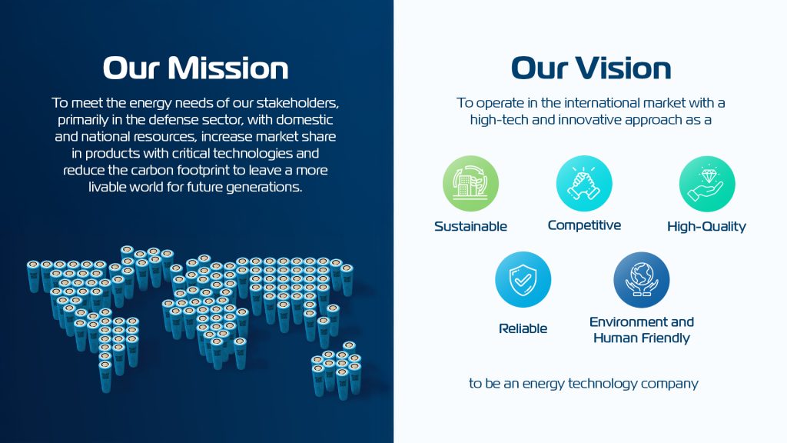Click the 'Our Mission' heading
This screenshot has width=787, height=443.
click(196, 68)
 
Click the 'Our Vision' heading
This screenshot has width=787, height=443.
click(591, 68)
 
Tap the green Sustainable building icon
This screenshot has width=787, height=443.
click(470, 183)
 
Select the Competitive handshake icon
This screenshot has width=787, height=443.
click(584, 183)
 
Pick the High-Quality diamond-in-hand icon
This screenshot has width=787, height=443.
click(707, 184)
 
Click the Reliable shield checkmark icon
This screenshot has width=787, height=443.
click(523, 280)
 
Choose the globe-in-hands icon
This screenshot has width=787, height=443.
click(642, 280)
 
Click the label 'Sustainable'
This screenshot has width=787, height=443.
click(470, 227)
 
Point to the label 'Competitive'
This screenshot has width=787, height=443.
click(584, 225)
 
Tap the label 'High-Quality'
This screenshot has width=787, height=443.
click(707, 227)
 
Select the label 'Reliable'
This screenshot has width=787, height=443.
click(523, 328)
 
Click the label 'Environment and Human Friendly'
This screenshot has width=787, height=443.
click(642, 330)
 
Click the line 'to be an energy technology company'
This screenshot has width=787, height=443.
click(584, 384)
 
